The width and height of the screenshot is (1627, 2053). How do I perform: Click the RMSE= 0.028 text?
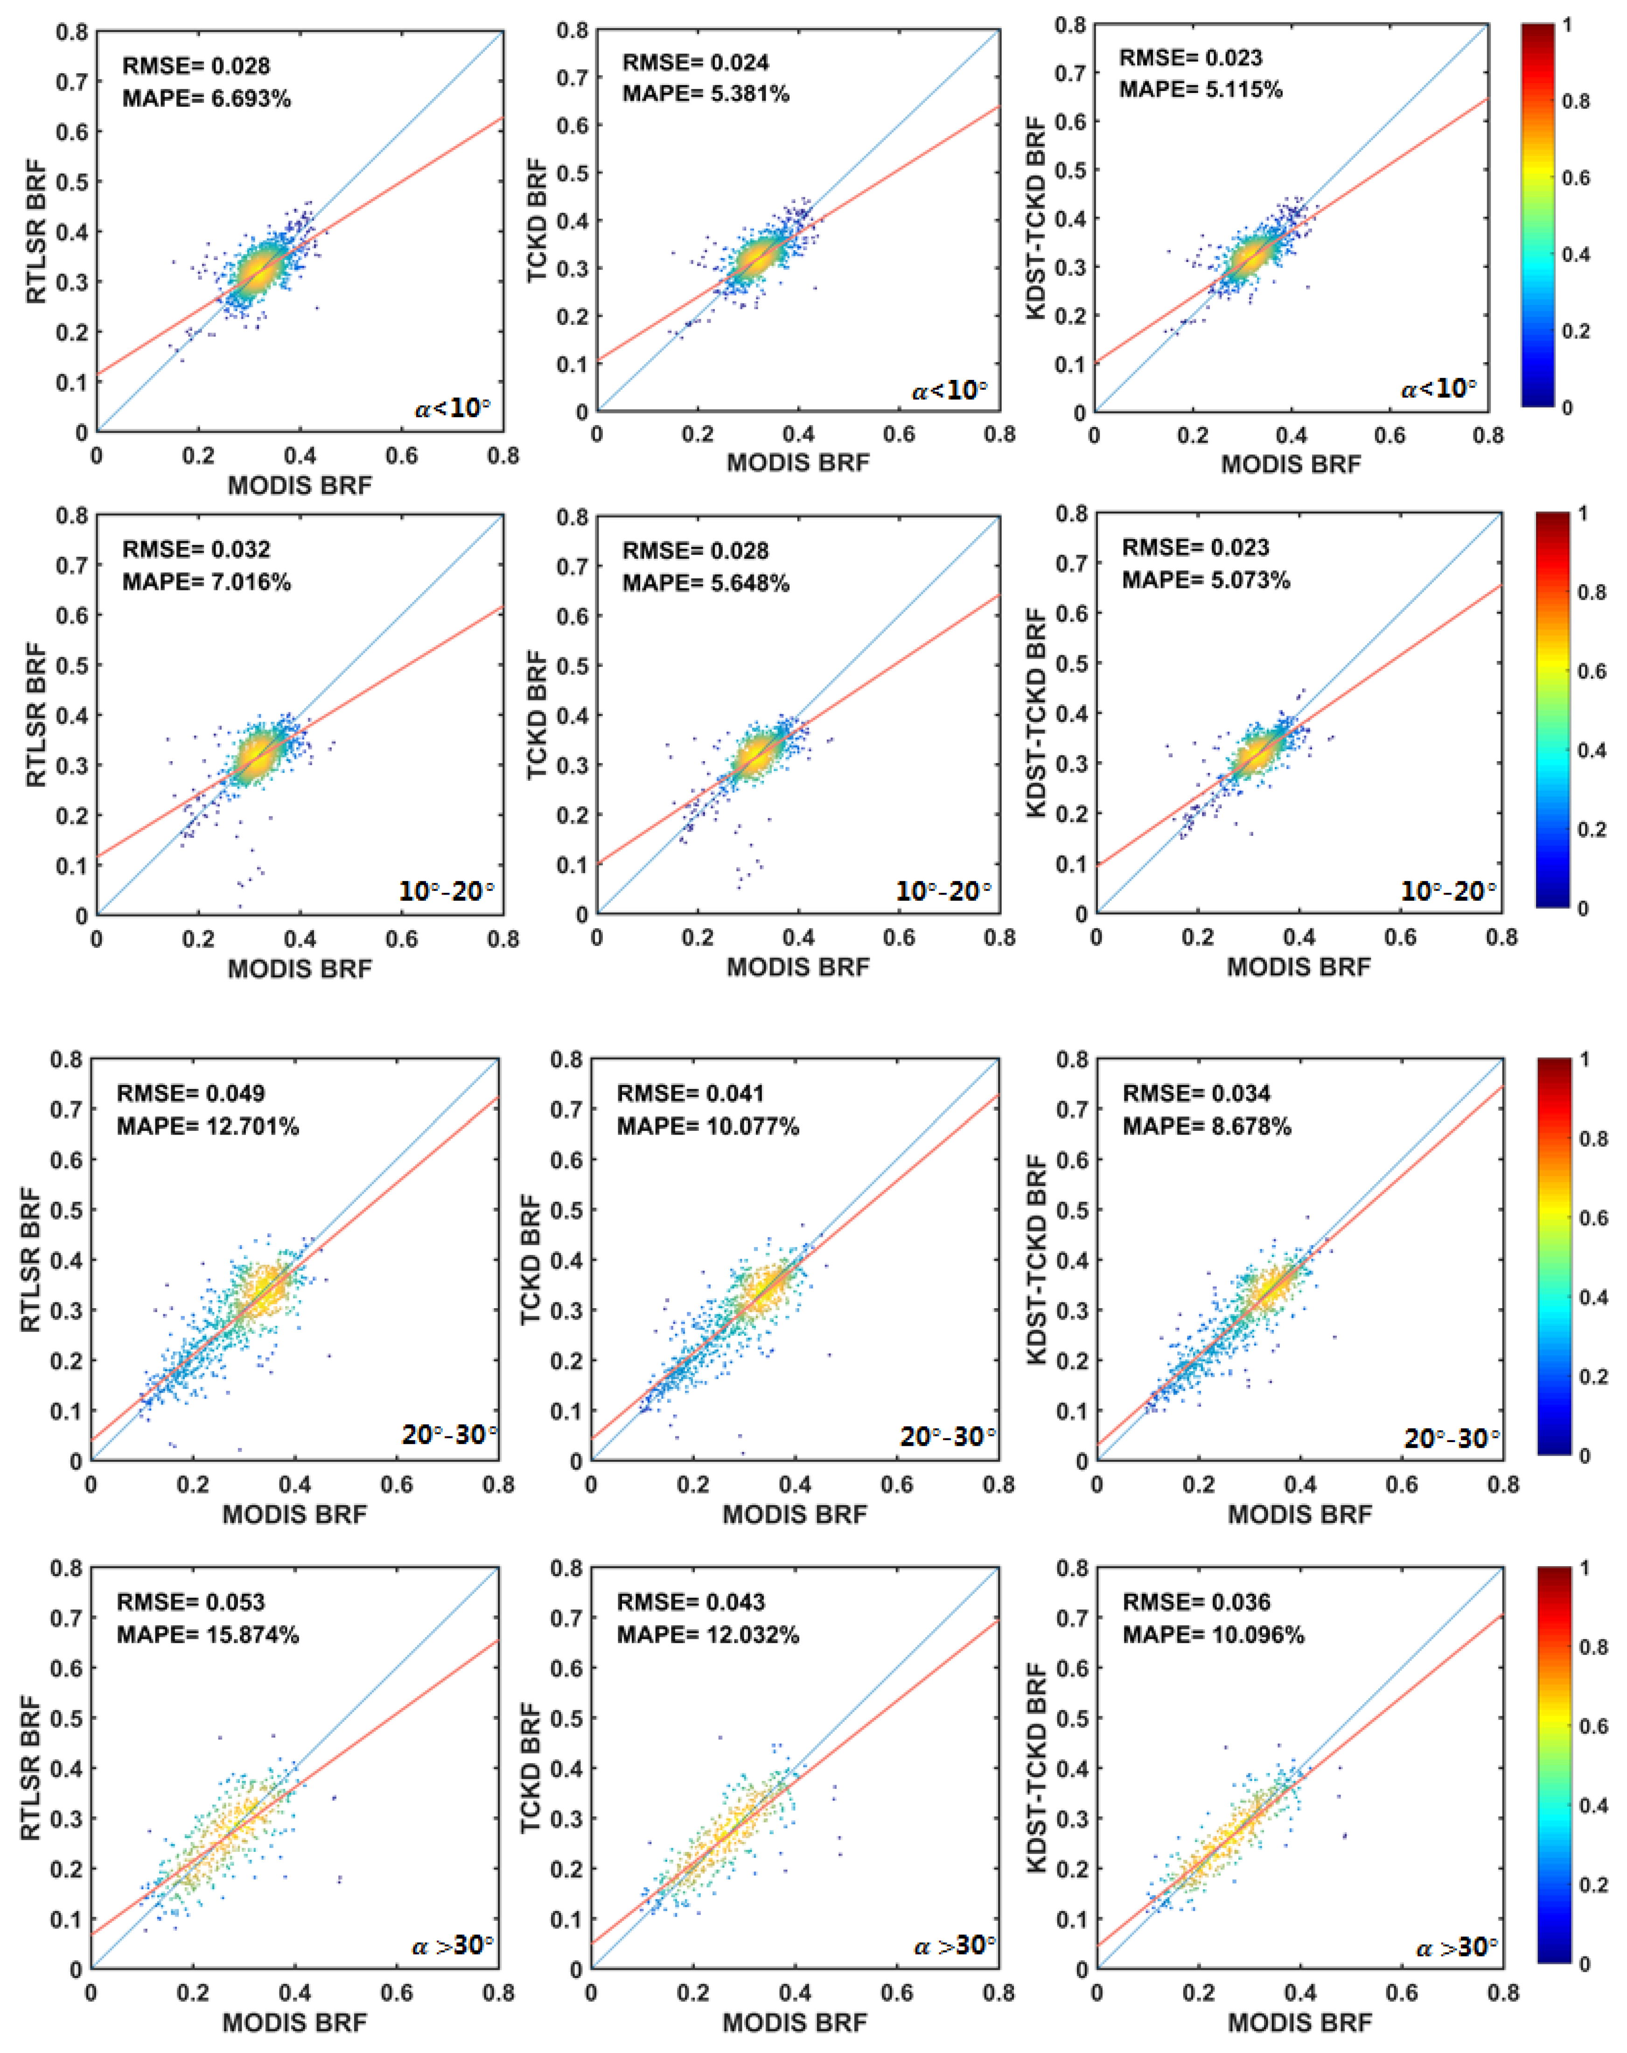click(196, 66)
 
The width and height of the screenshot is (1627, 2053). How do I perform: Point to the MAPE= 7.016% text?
click(207, 582)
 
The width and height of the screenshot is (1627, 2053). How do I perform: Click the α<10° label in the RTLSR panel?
click(452, 408)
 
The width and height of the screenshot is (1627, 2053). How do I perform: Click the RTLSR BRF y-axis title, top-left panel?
click(36, 233)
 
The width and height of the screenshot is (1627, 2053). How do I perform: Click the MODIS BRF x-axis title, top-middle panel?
click(798, 463)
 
